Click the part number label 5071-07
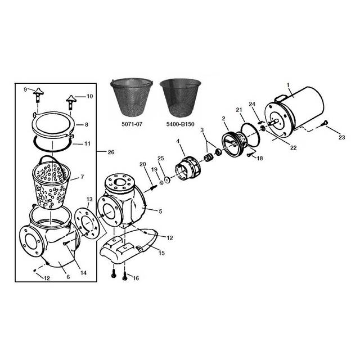coord(132,124)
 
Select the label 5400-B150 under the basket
coord(180,124)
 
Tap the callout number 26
coord(111,152)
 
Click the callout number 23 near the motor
coord(342,137)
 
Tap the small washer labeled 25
coord(166,179)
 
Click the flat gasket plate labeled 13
coord(87,222)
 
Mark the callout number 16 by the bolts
coord(136,278)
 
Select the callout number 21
coord(239,110)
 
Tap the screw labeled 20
coord(153,187)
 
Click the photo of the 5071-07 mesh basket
coord(132,99)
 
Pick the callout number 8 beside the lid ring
coord(87,125)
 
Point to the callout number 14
coord(83,272)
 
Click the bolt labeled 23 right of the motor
coord(325,123)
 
